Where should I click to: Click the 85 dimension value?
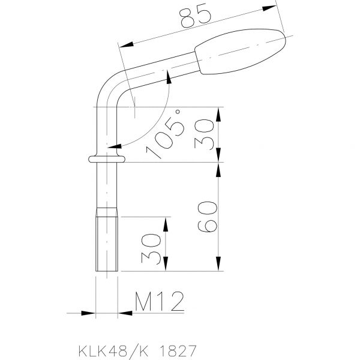[x=196, y=18]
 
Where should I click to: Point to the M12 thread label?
[x=160, y=301]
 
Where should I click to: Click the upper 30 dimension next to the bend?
[x=204, y=134]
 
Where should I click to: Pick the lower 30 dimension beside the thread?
[x=151, y=249]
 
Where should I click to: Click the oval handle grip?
[x=241, y=51]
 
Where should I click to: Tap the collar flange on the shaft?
[x=107, y=159]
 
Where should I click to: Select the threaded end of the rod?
[x=107, y=239]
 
